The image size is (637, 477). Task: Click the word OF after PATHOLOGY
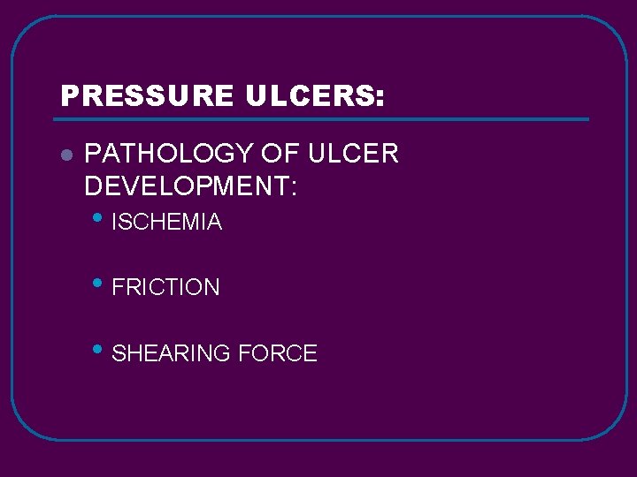point(281,154)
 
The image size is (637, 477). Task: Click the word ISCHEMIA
point(167,223)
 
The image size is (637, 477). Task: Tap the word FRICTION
point(166,288)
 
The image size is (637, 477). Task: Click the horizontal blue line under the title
point(323,118)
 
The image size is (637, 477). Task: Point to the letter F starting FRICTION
point(119,288)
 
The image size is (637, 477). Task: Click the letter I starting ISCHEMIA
point(116,223)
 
